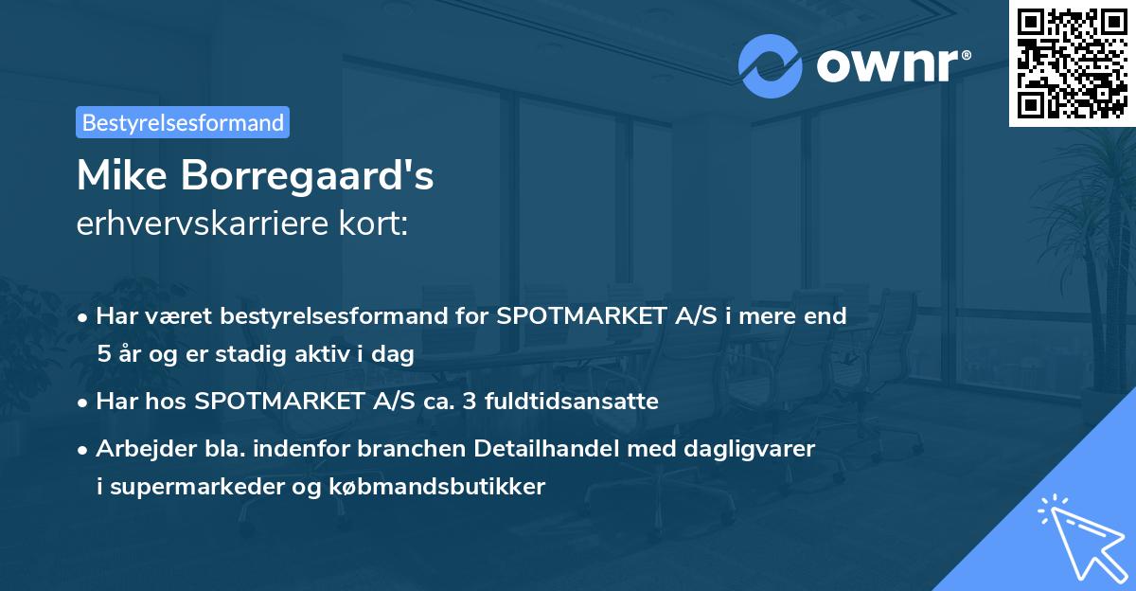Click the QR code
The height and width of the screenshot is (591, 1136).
(x=1072, y=63)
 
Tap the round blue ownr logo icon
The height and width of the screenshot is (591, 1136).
(x=771, y=65)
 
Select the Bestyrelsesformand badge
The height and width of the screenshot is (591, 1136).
(x=183, y=122)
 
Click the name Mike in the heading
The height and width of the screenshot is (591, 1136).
(x=119, y=176)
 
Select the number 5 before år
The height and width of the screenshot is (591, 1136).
(x=102, y=355)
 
